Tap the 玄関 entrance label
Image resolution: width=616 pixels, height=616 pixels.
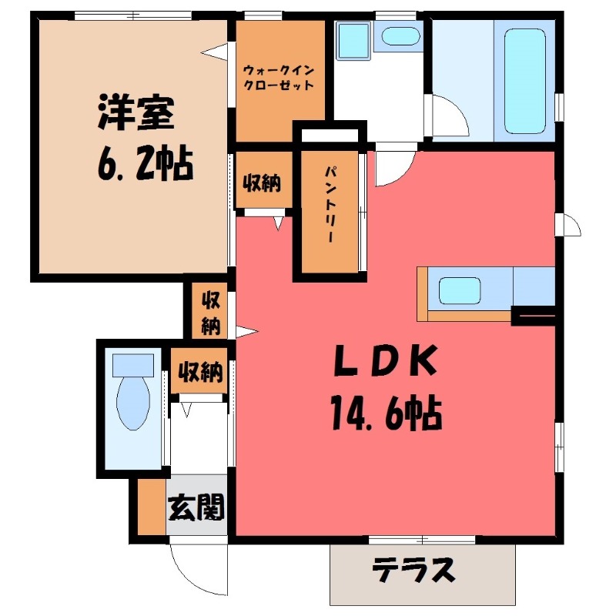point(196,508)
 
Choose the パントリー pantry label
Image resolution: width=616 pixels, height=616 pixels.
point(330,205)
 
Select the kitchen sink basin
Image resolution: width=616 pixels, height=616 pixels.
point(462,291)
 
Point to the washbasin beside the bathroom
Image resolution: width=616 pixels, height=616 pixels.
point(400,36)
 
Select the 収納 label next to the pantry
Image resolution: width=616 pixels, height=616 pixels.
point(262,183)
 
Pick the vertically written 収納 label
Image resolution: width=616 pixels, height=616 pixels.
point(209,312)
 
